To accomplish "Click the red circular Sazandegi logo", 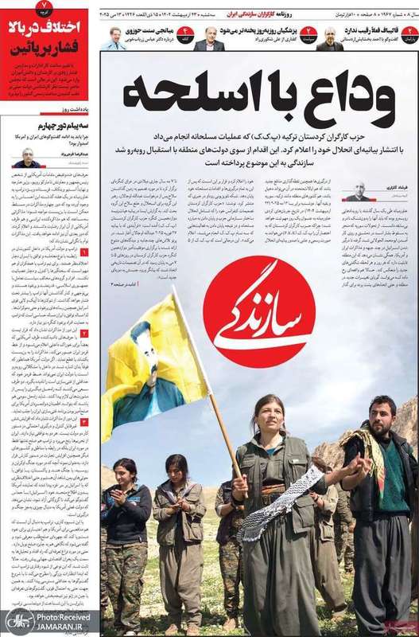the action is pos(258,312).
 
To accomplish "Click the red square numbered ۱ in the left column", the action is pos(84,253).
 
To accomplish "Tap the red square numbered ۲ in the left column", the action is pos(84,334).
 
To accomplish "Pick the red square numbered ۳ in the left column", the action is pos(84,422).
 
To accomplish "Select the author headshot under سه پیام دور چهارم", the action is pos(29,157).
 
